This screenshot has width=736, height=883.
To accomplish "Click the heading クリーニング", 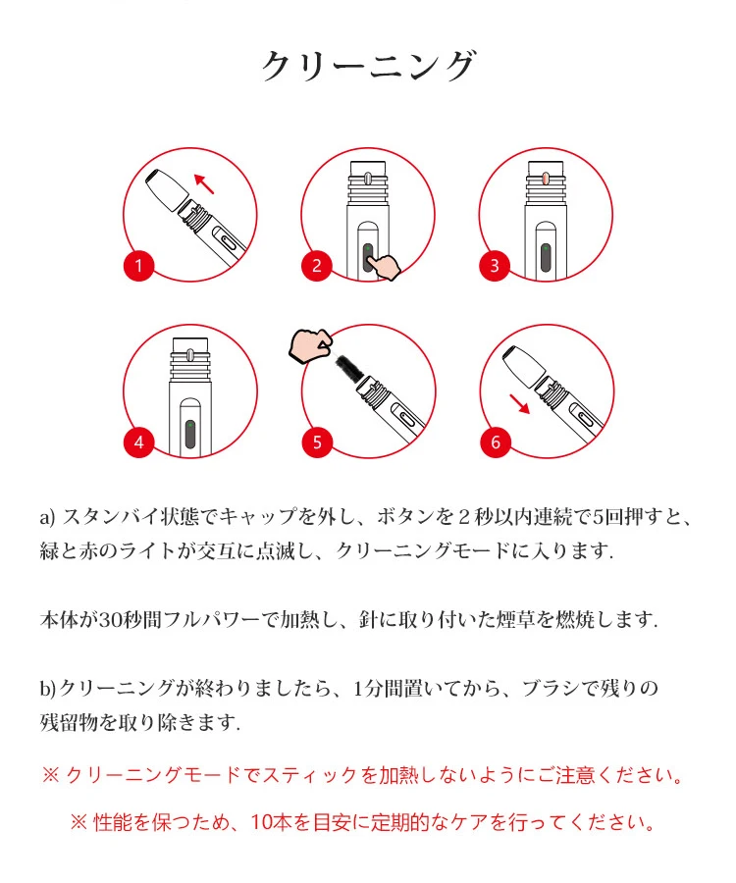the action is coord(369,66).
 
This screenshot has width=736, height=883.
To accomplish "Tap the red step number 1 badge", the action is coord(139,265).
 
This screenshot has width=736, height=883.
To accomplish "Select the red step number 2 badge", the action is coord(316,265).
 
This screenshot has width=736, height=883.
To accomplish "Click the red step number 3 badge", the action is coord(495,265).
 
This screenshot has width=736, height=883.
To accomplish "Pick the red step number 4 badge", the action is coord(139,442).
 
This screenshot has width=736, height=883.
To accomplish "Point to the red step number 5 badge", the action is coord(317,442).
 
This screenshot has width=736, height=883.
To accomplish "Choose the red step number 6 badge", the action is coord(496,442).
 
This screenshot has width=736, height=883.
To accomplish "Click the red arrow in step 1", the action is coord(204,183).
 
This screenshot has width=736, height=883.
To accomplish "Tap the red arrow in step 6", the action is coord(520,404).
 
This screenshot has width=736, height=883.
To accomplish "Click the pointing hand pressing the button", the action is coord(383,265).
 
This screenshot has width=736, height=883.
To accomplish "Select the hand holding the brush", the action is coord(309,345).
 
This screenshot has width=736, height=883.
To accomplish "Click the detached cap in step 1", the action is coord(167,189).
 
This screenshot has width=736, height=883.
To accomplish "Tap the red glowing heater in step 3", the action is coord(545,180).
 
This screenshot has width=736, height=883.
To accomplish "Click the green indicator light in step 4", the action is coord(190,425).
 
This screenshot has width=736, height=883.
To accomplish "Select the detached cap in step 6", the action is coord(523,366).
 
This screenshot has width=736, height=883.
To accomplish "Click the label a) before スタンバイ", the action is coord(47,517).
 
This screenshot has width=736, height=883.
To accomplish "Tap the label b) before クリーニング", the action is coord(48,688).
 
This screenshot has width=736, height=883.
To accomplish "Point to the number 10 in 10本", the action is coord(261,822).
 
